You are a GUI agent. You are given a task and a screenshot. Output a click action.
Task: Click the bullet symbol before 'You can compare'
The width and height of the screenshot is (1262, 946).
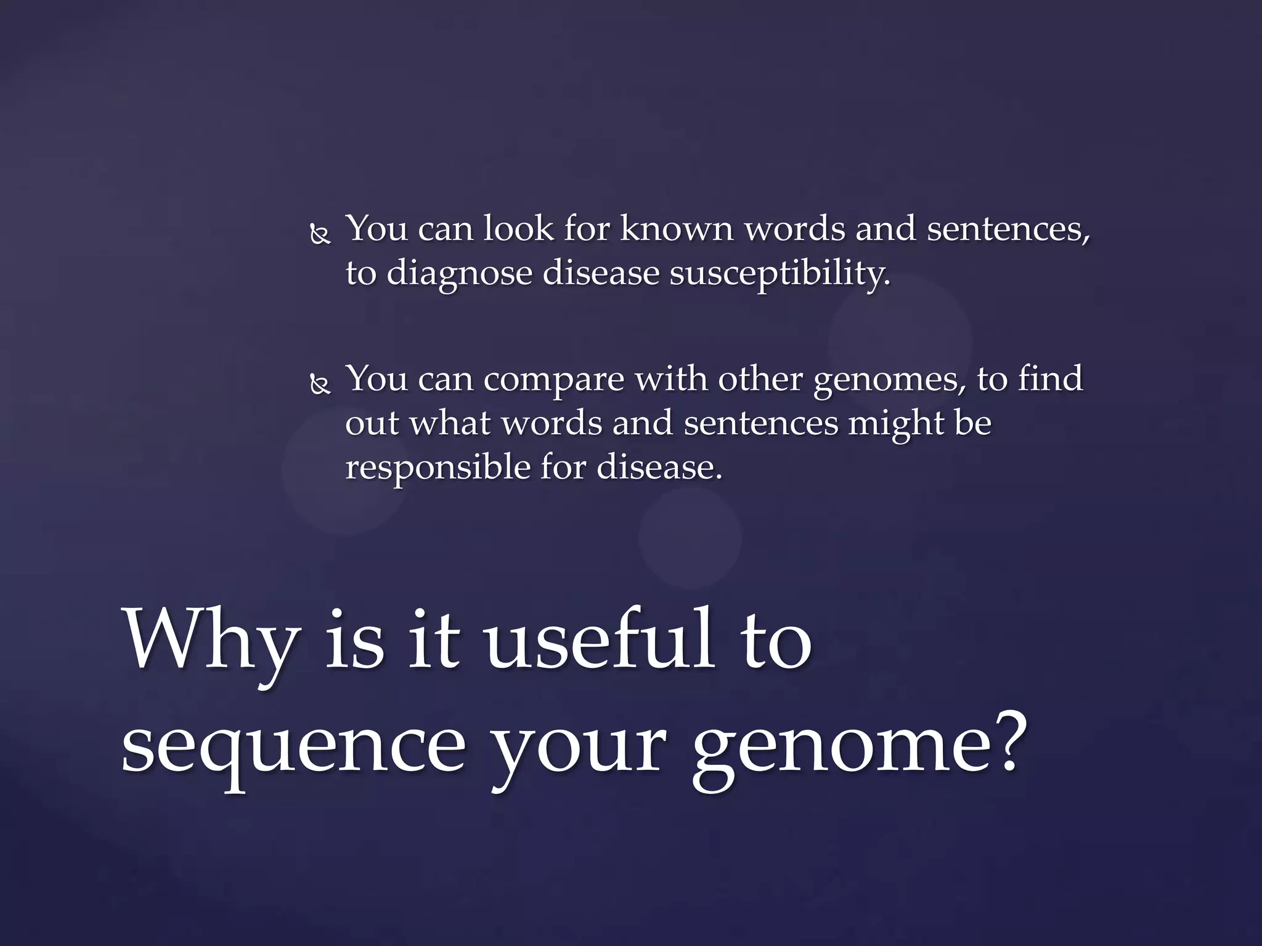tap(319, 386)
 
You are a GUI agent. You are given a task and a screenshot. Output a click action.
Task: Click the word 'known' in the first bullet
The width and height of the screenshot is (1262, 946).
tap(677, 229)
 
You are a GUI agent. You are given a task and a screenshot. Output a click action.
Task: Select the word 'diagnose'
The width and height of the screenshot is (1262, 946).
tap(459, 274)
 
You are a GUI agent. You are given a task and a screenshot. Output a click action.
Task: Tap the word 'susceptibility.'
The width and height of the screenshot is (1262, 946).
tap(780, 274)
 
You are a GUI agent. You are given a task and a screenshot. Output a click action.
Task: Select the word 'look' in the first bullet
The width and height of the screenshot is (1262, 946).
tap(518, 228)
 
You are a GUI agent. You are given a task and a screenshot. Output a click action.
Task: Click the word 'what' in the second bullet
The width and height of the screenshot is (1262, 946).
tap(450, 423)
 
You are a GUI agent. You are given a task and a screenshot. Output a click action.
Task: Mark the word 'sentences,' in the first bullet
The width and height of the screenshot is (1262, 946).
tap(1008, 229)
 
